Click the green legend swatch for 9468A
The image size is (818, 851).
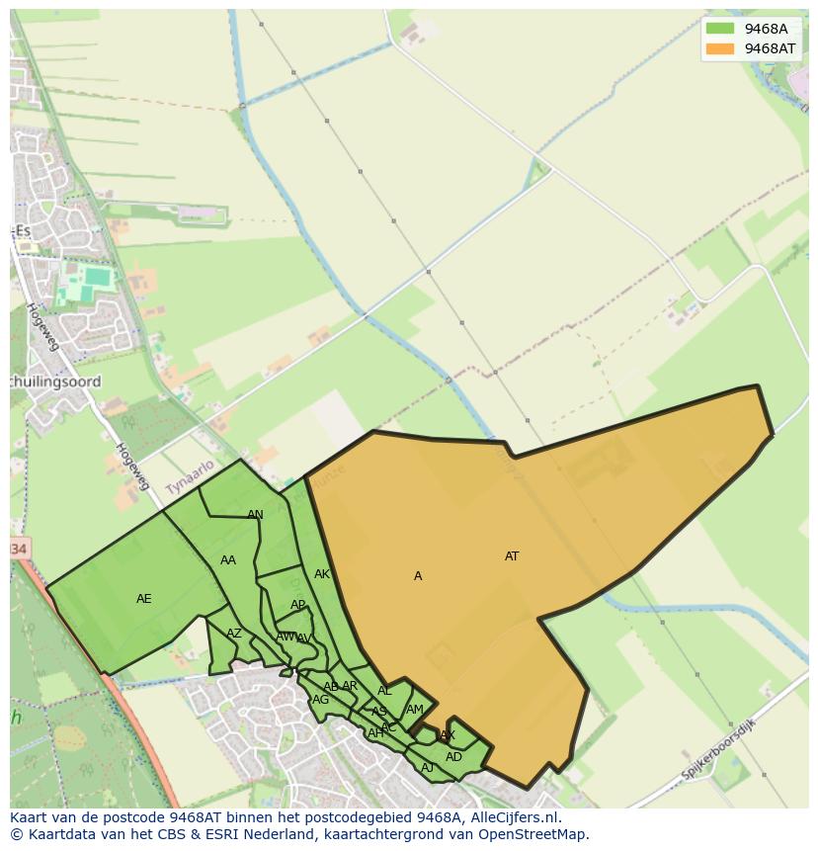[x=721, y=29]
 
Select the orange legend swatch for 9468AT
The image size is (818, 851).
[x=721, y=48]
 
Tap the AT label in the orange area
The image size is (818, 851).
[x=512, y=556]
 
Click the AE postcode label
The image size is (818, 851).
[x=144, y=599]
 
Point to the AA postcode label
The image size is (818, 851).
[x=228, y=560]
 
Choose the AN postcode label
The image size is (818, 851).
[x=255, y=515]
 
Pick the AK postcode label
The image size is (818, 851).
[x=322, y=574]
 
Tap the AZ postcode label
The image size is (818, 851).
[x=234, y=634]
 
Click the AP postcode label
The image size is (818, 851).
[x=297, y=605]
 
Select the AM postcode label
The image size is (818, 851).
[x=415, y=709]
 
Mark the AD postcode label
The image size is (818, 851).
[x=453, y=757]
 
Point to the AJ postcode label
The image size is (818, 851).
[x=428, y=768]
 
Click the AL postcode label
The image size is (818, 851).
[x=384, y=691]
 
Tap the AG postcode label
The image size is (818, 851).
[x=320, y=700]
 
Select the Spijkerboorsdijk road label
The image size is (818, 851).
[x=718, y=748]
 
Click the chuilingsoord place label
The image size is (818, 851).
[x=55, y=382]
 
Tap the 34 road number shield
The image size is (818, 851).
[x=19, y=548]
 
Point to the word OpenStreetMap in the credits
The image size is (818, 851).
[x=534, y=834]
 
